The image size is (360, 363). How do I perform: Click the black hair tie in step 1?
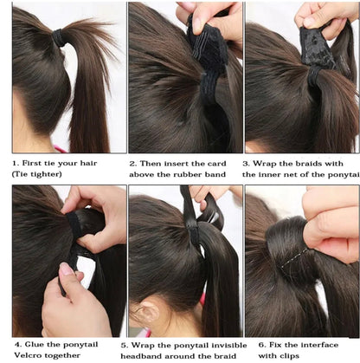click(x=58, y=38)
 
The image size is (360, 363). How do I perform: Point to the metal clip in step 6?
click(x=298, y=257)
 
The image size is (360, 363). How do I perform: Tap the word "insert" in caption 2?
click(x=174, y=162)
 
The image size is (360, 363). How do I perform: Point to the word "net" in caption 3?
click(x=301, y=174)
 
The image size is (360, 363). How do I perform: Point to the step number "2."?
click(x=133, y=162)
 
